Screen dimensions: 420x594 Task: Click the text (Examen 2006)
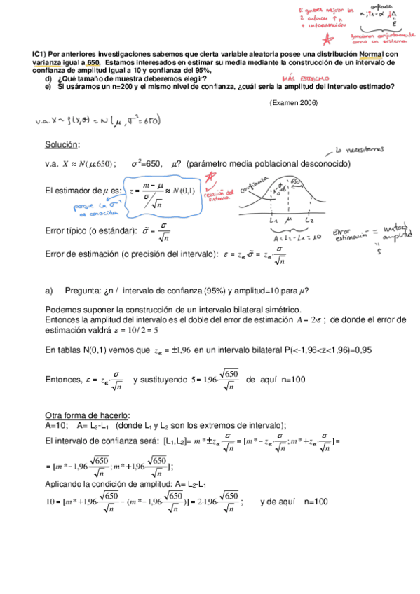[293, 102]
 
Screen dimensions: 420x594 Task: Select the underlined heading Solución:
[62, 144]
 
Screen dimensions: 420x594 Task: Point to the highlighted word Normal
[372, 54]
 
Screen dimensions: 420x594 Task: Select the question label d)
[48, 79]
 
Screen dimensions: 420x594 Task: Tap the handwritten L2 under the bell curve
[309, 221]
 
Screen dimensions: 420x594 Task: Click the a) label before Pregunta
[48, 291]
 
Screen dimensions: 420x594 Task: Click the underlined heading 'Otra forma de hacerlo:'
[87, 415]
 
